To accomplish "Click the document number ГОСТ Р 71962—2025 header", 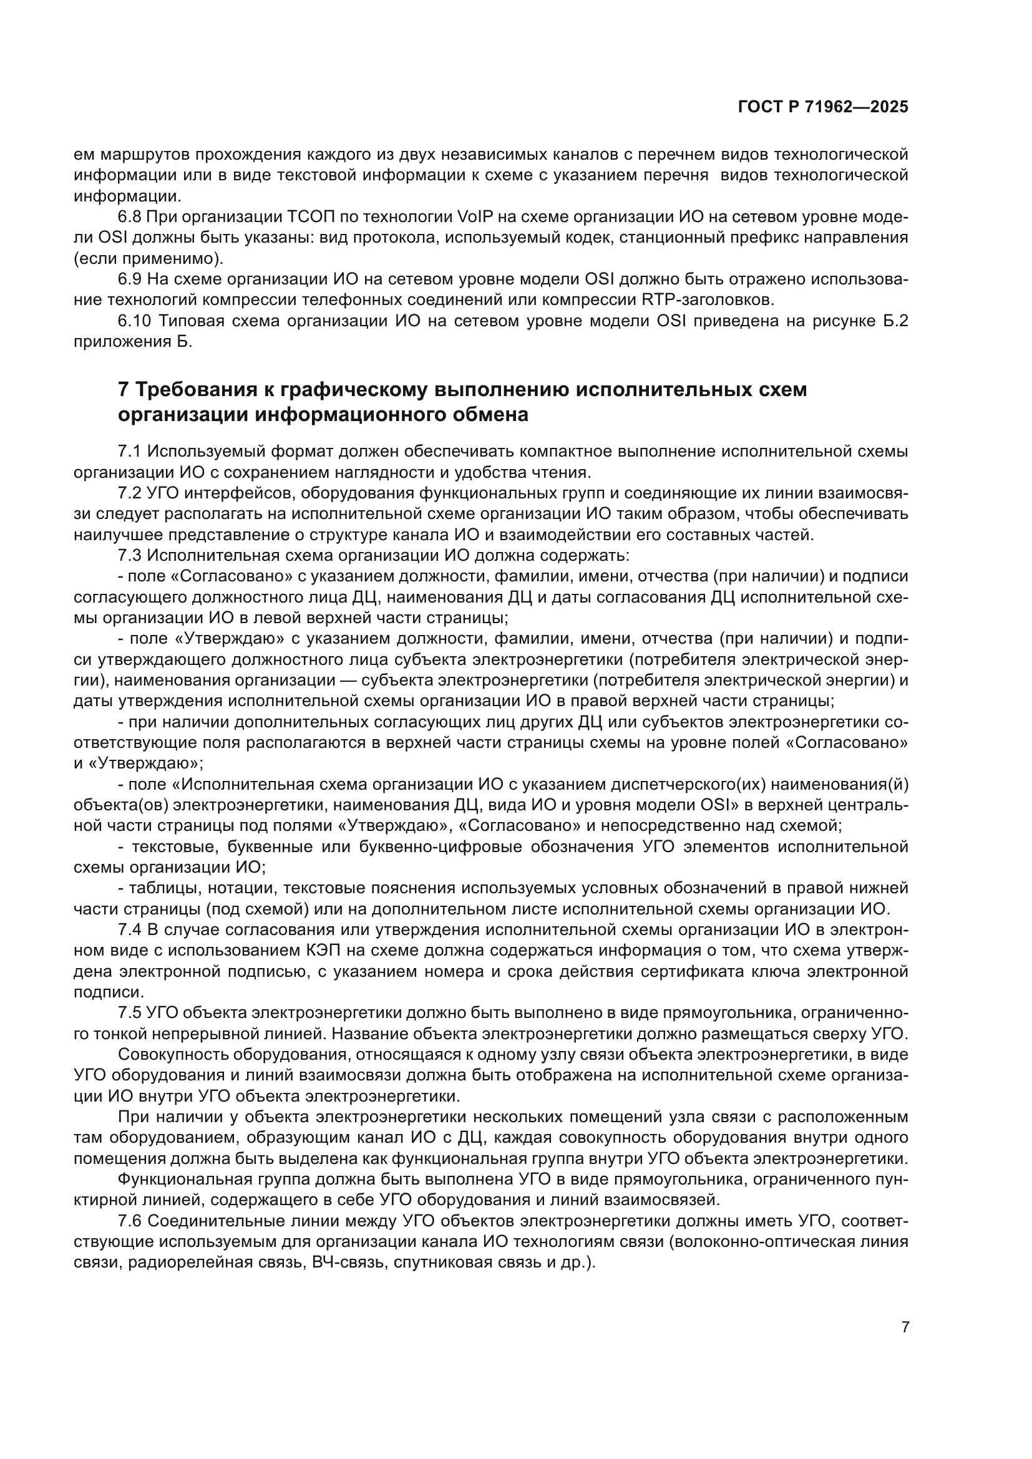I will [x=823, y=107].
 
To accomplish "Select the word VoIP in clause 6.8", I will [x=472, y=217].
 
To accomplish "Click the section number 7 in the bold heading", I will [x=124, y=389].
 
